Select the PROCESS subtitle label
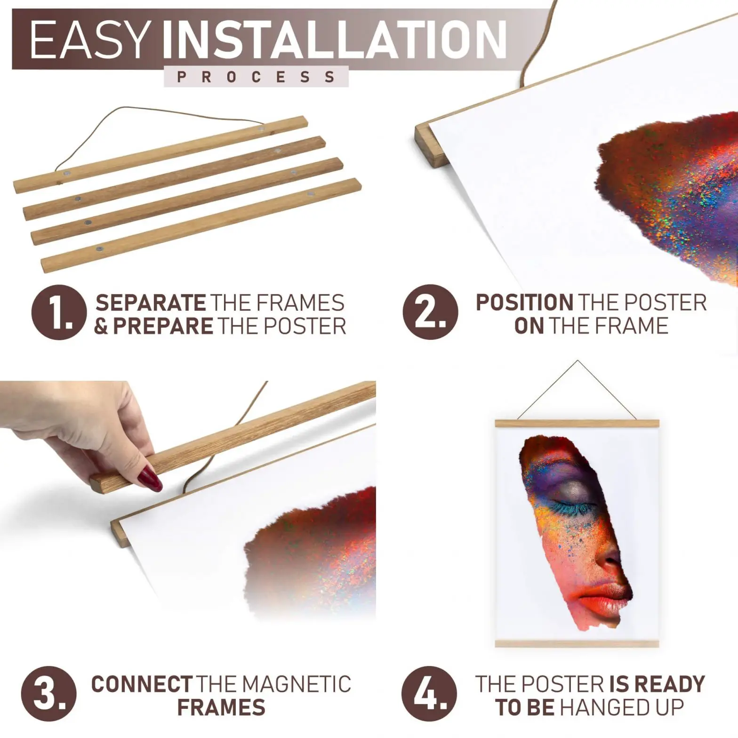(256, 77)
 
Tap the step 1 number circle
(59, 313)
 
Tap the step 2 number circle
(430, 313)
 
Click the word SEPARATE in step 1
(151, 303)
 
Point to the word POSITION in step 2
(524, 303)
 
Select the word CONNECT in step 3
(142, 684)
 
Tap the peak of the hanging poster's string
(578, 361)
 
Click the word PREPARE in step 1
(163, 326)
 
